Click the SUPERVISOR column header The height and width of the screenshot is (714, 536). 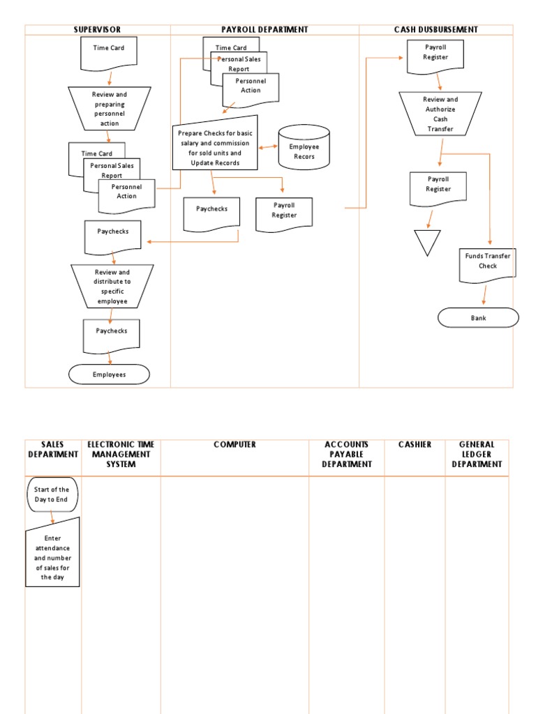98,30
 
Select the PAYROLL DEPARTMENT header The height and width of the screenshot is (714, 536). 265,30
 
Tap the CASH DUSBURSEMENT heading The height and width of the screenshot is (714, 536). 435,30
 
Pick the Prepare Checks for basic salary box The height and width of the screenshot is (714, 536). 215,143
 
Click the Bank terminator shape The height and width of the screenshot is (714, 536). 478,318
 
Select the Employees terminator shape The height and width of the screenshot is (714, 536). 109,374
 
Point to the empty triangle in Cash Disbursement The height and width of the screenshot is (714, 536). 427,241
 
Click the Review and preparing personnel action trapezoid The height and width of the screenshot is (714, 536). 110,108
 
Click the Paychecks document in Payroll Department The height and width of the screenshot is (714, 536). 211,211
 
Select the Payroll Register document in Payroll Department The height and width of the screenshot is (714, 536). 284,213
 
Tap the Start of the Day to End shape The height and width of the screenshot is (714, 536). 52,494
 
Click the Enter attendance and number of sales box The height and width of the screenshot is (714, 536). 52,555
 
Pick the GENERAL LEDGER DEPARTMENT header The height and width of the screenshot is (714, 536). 477,455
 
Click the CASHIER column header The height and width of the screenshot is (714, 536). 415,445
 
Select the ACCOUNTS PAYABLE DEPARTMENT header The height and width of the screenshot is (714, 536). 346,455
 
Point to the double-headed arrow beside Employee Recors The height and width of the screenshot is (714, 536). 268,147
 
